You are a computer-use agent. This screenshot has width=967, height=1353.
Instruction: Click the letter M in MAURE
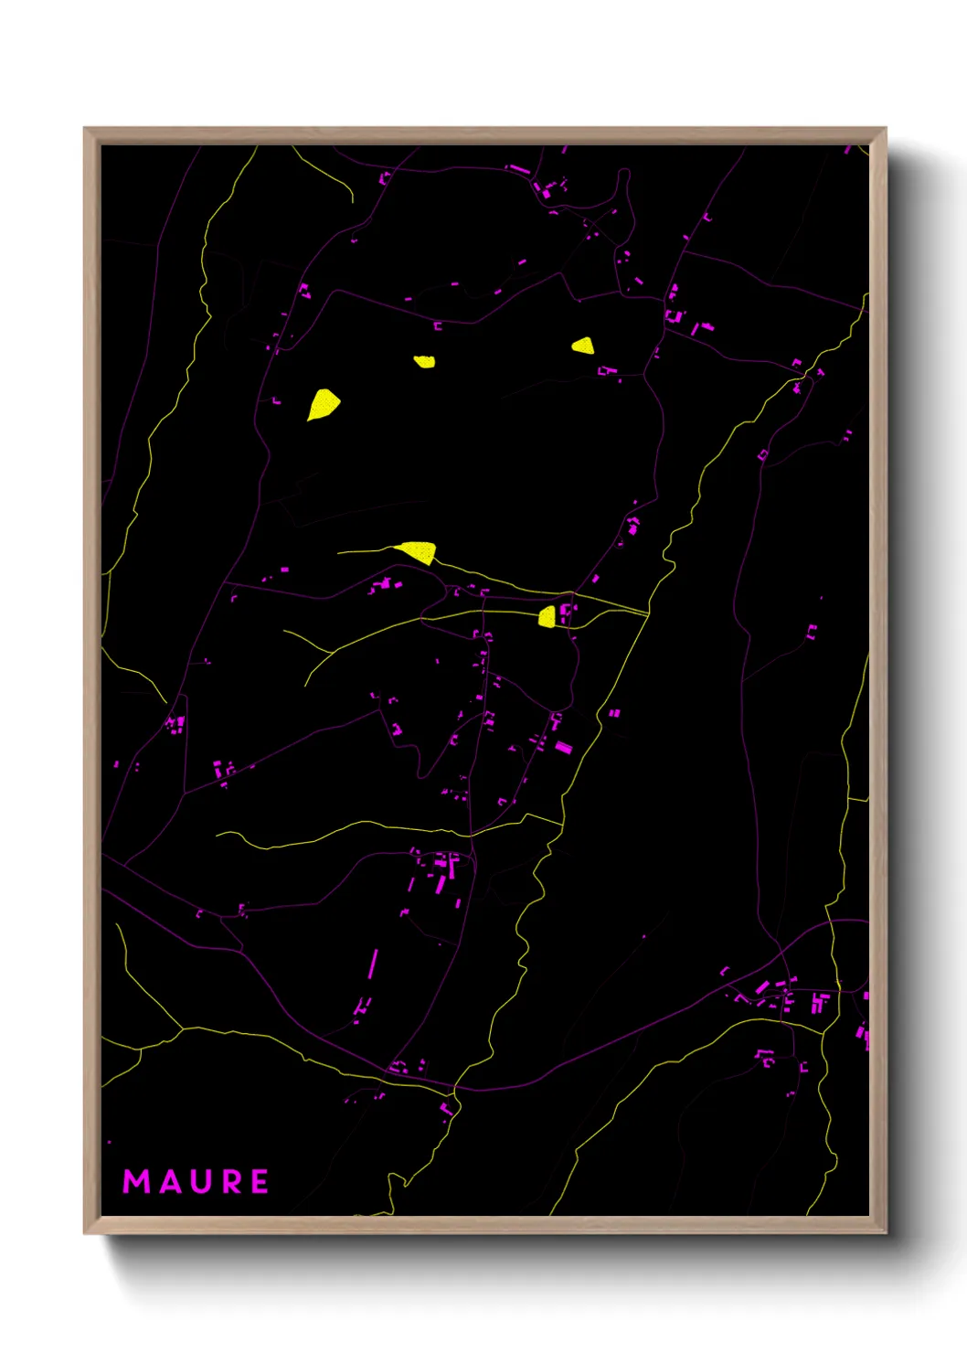137,1181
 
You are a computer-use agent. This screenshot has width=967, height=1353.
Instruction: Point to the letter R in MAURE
231,1181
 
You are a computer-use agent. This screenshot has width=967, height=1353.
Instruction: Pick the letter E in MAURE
260,1181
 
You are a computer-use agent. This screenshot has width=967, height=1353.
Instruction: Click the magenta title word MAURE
197,1181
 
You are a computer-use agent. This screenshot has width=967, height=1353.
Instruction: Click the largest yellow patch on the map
323,404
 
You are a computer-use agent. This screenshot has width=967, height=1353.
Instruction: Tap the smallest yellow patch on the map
424,361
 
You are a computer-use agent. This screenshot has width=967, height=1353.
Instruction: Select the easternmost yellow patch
583,346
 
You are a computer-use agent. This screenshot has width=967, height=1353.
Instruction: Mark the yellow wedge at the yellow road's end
418,551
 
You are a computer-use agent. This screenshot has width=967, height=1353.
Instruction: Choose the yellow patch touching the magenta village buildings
547,617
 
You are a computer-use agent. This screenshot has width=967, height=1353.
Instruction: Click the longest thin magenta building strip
373,964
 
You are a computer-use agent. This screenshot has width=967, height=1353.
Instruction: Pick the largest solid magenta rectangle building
564,748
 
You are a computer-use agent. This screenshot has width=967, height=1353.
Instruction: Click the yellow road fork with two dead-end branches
331,652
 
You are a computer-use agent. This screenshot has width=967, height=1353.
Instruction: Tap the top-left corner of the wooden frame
85,129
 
